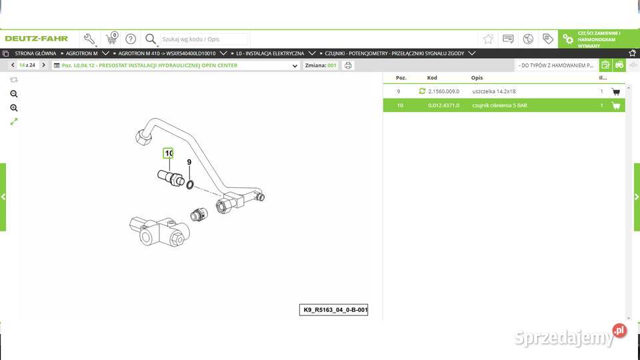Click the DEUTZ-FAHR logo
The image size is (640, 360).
pos(37,39)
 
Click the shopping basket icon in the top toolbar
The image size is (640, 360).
pos(111,39)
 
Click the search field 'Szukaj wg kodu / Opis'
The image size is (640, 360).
pos(203,39)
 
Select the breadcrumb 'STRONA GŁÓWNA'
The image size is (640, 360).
pos(35,53)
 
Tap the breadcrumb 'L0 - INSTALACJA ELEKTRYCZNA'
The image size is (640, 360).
pos(270,53)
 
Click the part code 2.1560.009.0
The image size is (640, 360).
pos(443,91)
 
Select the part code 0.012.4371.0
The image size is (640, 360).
pos(443,105)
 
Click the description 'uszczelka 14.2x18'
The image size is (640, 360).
pos(494,91)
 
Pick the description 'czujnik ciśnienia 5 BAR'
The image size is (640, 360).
pos(499,105)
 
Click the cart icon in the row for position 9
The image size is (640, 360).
pos(615,91)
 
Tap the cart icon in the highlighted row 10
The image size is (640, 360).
pos(615,105)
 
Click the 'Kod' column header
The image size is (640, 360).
pos(432,78)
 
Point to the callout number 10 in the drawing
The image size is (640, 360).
pos(169,153)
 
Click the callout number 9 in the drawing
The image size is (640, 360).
pos(189,162)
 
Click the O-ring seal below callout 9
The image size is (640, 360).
pos(191,185)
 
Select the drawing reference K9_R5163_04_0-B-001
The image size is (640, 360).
pos(333,310)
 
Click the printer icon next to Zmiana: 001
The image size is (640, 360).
pos(348,65)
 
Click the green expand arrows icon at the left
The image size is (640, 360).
pos(14,121)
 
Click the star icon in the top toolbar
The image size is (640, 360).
pos(488,39)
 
